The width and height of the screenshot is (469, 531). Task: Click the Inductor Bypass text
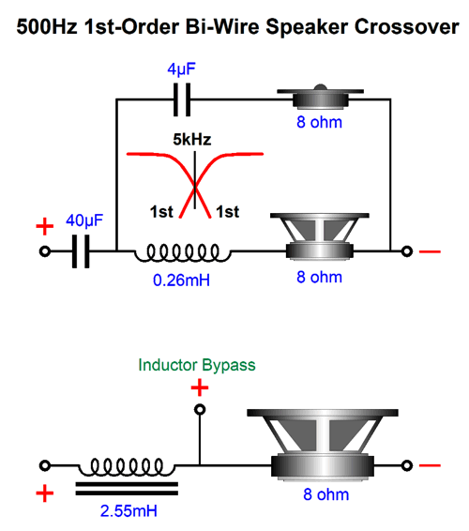point(196,364)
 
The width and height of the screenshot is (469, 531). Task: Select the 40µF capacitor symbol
point(82,251)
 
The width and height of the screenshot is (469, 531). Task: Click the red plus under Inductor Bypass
point(199,387)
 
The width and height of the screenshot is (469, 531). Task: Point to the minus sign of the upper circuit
point(430,251)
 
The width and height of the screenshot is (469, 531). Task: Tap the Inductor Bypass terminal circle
point(199,410)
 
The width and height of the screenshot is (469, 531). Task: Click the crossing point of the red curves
point(195,184)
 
